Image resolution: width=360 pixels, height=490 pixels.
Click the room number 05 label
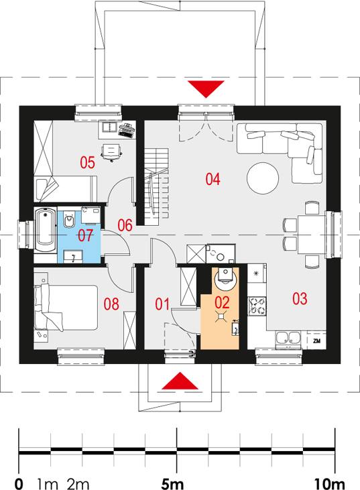pos(88,162)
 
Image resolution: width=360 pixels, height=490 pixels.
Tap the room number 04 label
pos(213,179)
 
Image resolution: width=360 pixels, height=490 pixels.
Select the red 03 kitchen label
pos(300,298)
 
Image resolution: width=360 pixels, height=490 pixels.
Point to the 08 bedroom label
pos(111,304)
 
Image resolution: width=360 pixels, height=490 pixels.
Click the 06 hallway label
pos(125,225)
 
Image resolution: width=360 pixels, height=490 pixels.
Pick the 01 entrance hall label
pos(162,304)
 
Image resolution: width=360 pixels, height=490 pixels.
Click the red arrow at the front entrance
pos(180,381)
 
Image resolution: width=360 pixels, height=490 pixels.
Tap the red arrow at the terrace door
pos(206,89)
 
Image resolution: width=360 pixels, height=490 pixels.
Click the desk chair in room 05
pos(111,152)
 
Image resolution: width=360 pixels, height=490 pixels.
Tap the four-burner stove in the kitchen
pos(257,306)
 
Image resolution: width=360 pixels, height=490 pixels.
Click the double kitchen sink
pos(288,338)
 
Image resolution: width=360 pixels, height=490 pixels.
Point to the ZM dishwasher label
pos(316,341)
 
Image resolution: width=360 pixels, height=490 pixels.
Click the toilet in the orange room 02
pos(225,278)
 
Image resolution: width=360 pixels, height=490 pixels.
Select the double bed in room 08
pos(66,307)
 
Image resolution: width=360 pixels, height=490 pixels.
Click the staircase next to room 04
pos(156,187)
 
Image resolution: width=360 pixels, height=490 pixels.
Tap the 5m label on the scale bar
pos(172,484)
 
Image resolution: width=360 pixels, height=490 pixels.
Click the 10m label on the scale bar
pos(329,484)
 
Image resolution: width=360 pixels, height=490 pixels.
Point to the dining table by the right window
pos(312,234)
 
